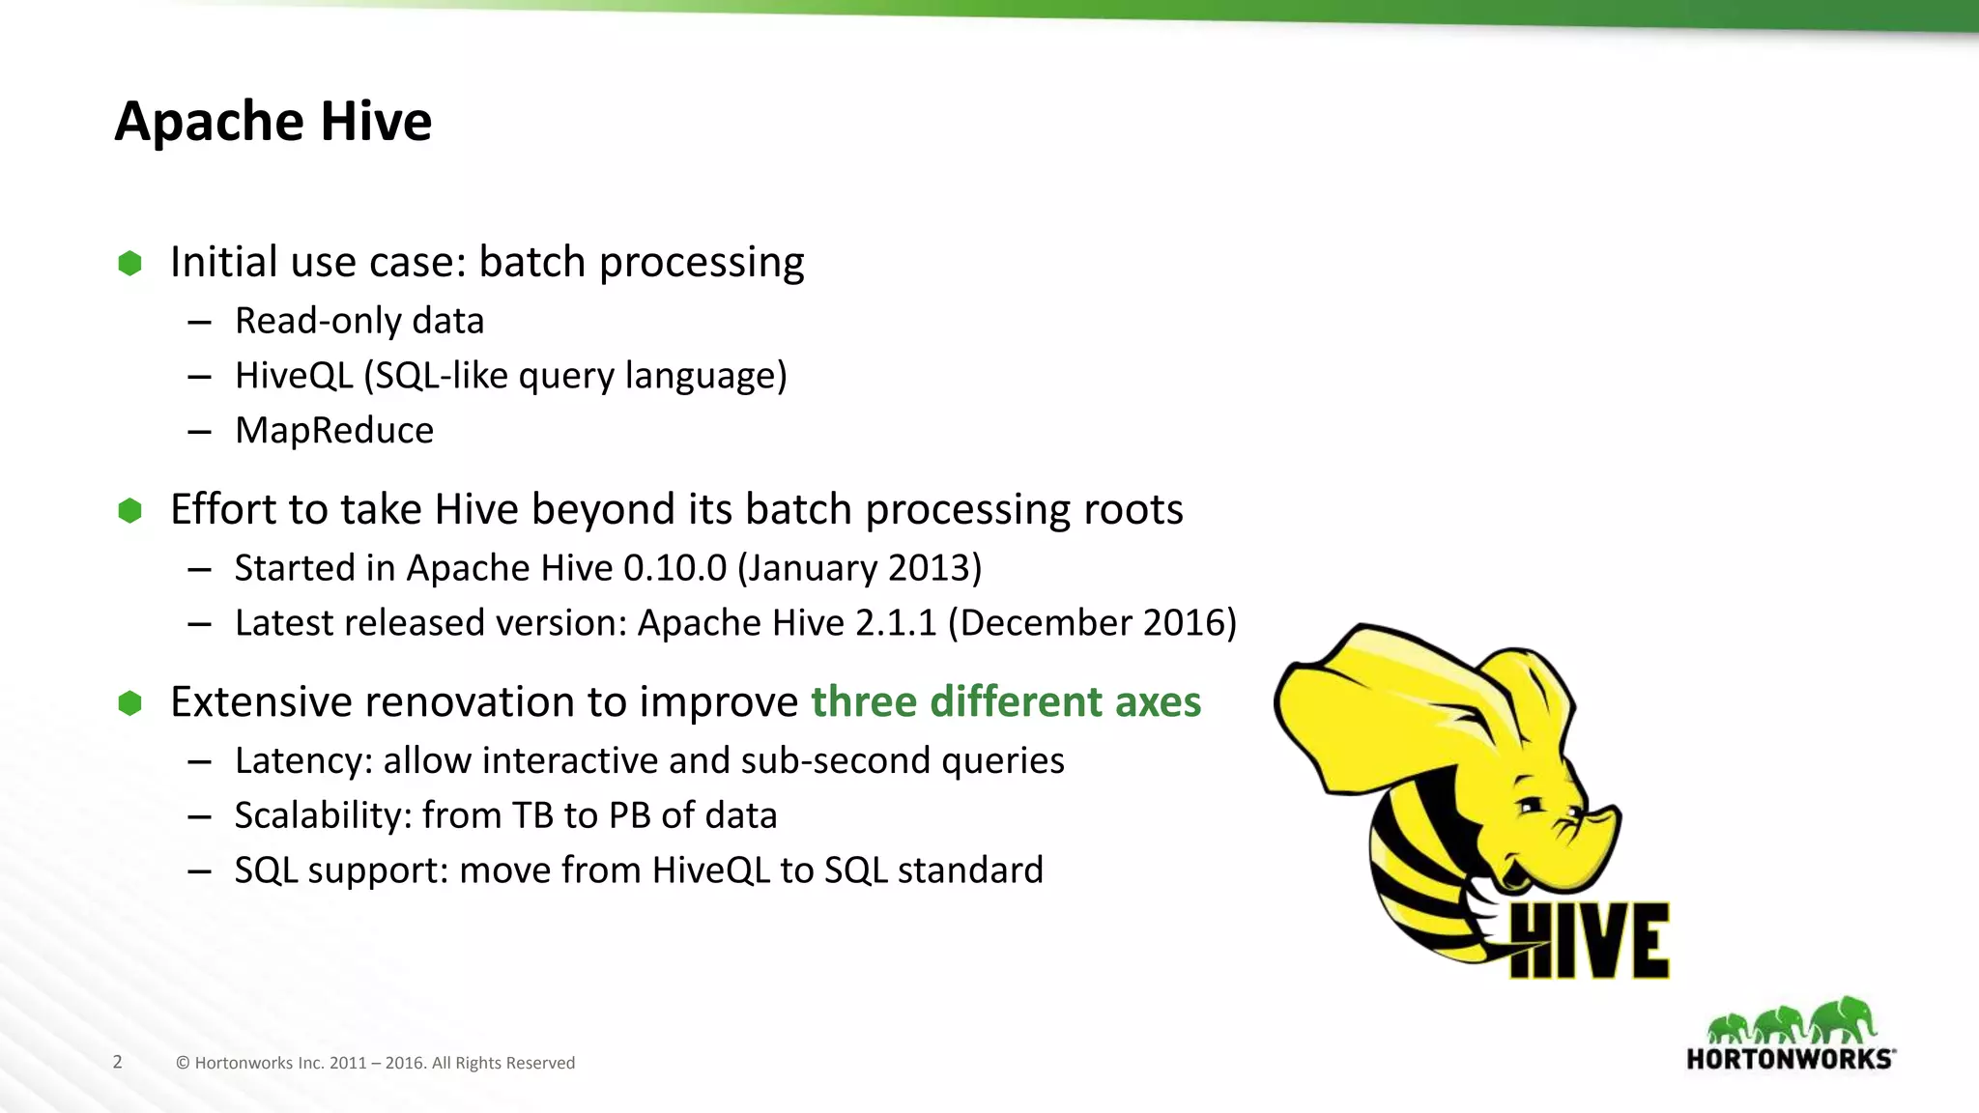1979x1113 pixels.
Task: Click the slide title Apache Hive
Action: tap(272, 122)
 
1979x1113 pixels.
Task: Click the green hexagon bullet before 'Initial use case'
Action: tap(129, 263)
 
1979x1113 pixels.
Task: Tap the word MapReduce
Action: tap(334, 430)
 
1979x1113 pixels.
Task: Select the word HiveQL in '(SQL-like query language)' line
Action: tap(293, 375)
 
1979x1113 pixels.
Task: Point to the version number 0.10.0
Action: tap(674, 568)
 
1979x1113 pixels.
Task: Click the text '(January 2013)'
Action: tap(859, 568)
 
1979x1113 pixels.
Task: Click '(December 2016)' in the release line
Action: tap(1092, 623)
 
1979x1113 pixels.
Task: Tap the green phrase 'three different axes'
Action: tap(1005, 701)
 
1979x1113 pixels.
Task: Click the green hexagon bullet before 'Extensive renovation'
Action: tap(129, 703)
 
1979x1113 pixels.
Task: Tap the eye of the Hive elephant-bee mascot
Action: tap(1532, 805)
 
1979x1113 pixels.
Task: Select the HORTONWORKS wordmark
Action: tap(1789, 1059)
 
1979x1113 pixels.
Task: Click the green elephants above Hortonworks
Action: tap(1791, 1021)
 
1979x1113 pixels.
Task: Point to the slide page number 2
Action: tap(118, 1062)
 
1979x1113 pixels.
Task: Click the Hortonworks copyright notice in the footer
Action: tap(375, 1063)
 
